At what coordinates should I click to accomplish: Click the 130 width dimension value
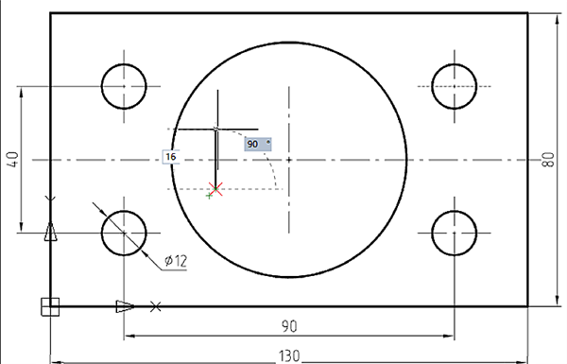point(289,356)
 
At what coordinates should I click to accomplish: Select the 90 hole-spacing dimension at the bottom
point(289,326)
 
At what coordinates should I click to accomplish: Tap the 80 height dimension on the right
point(548,160)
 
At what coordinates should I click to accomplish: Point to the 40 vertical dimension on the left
point(12,160)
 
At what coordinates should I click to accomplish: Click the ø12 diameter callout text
point(176,261)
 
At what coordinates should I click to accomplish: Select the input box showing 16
point(171,157)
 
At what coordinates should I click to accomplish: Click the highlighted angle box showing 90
point(258,144)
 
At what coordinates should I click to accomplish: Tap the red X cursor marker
point(215,189)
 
